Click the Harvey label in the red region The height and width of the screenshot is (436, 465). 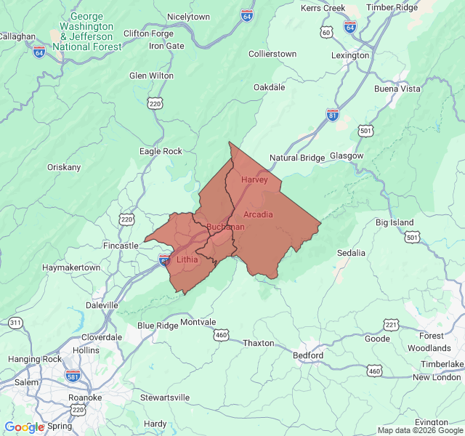coord(254,179)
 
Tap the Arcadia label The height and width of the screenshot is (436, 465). coord(258,214)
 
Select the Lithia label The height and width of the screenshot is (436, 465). coord(187,259)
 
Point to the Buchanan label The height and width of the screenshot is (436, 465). coord(225,227)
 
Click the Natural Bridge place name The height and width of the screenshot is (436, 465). coord(297,158)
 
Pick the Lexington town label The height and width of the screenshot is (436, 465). coord(350,55)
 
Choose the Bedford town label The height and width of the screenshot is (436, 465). coord(307,355)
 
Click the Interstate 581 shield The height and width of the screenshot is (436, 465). coord(71,376)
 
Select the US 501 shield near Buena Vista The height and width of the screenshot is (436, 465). coord(365,130)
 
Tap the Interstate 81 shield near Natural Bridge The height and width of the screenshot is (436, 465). coord(333,115)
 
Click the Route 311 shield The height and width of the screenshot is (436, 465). coord(15,323)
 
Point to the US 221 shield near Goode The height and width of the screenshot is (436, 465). coord(391,324)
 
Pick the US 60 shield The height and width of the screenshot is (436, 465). coord(326,33)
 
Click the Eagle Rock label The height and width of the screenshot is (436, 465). coord(161,151)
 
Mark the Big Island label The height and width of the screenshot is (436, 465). coord(395,222)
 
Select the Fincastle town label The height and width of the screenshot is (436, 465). coord(120,246)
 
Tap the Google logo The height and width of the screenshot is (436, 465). coord(24,427)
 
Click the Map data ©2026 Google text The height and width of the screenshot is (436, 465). coord(418,430)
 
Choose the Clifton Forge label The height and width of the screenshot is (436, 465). coord(148,33)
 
